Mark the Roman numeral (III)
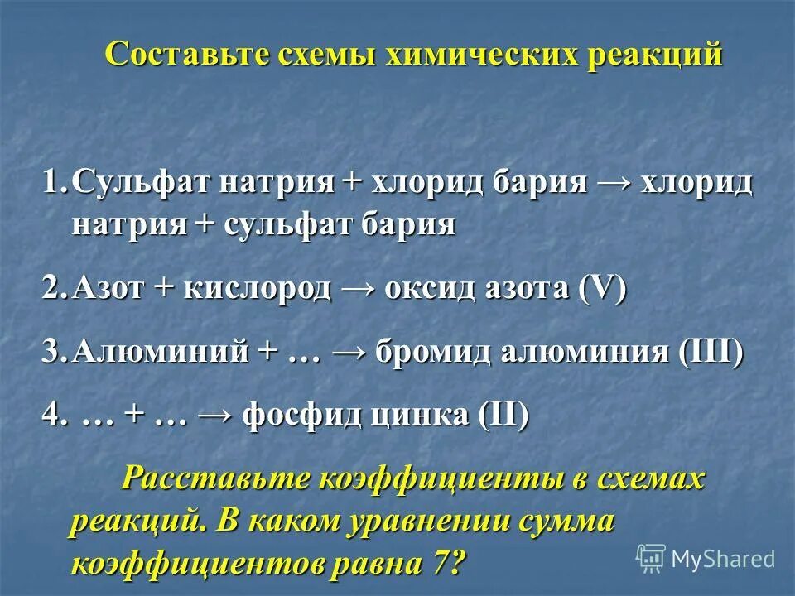pos(711,352)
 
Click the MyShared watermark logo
pos(705,558)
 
